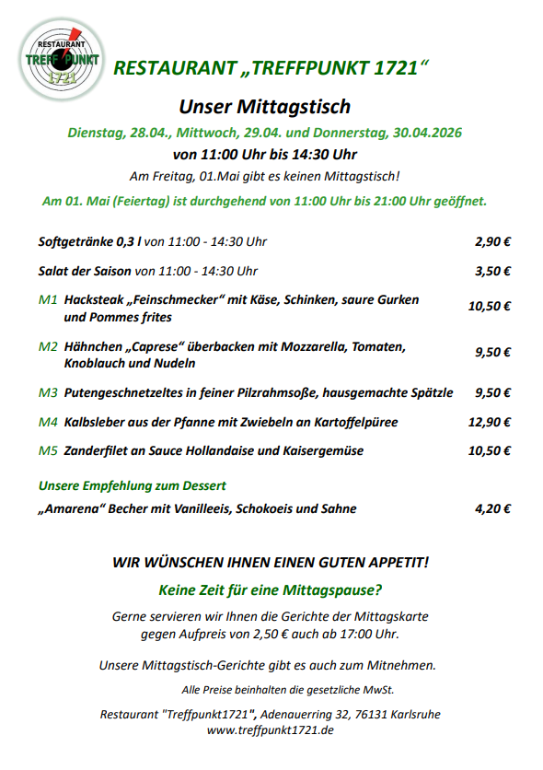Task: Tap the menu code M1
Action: pos(48,300)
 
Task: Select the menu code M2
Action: pos(48,347)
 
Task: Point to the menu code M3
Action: pos(48,392)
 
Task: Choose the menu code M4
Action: pos(48,422)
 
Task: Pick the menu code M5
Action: pos(48,451)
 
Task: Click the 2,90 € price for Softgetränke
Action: pos(492,242)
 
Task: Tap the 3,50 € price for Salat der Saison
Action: pos(492,272)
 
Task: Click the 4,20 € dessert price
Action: pos(492,508)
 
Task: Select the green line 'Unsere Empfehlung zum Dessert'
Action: pos(133,485)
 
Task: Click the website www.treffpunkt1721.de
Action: pos(270,729)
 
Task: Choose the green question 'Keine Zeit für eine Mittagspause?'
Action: pos(271,589)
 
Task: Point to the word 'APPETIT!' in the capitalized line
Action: pos(397,562)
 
